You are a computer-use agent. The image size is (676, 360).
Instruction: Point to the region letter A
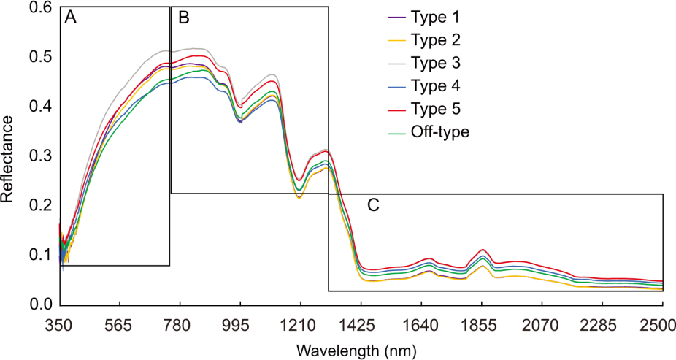click(x=71, y=18)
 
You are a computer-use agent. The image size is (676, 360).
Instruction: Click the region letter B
click(x=183, y=18)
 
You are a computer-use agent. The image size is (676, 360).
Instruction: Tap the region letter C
click(x=373, y=205)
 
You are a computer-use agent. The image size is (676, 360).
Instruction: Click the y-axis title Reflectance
click(x=9, y=156)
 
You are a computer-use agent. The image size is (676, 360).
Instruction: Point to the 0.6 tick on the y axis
click(x=39, y=7)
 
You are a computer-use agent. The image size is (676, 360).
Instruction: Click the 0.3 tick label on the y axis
click(x=39, y=156)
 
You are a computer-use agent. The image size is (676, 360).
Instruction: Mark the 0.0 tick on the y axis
click(x=39, y=304)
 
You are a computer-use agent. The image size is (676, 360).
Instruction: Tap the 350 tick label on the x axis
click(x=59, y=324)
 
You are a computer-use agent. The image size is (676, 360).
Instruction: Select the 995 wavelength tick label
click(x=240, y=324)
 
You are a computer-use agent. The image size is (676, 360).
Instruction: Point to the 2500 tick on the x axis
click(x=662, y=324)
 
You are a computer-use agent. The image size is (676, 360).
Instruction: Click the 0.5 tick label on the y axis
click(x=39, y=57)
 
